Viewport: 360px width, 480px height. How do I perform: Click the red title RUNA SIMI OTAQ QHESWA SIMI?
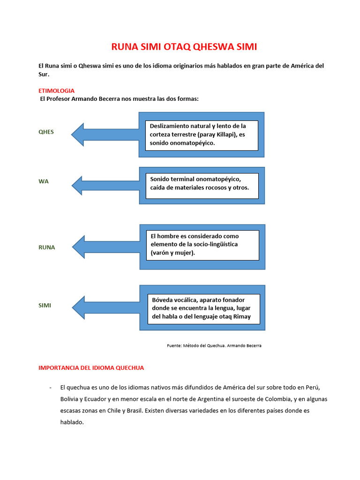click(x=184, y=47)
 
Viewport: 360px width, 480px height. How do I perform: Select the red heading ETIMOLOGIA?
click(x=56, y=90)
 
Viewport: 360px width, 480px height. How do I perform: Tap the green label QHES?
click(x=46, y=132)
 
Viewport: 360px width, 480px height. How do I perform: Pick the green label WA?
click(x=43, y=181)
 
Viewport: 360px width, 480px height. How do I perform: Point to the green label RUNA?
click(x=46, y=247)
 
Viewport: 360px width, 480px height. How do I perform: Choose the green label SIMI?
click(x=45, y=305)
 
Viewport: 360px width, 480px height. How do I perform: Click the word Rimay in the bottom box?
click(x=241, y=316)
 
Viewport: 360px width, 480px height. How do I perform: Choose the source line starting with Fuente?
click(x=214, y=345)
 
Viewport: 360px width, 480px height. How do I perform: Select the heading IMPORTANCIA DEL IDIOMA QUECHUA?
click(x=91, y=368)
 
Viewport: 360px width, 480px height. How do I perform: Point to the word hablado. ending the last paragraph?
click(x=72, y=422)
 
